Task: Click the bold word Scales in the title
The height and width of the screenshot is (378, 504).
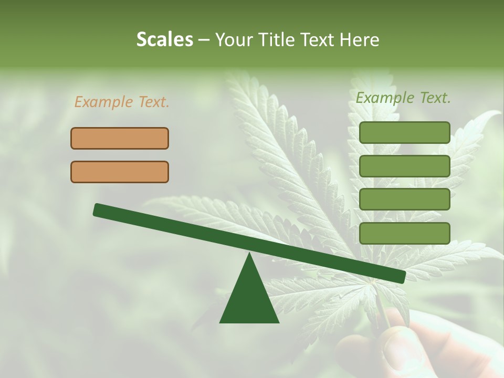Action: click(x=164, y=40)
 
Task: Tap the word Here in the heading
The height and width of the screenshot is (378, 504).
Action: click(x=359, y=40)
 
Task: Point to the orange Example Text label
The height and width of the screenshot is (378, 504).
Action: click(x=122, y=102)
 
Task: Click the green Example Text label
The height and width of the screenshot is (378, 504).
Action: click(x=403, y=98)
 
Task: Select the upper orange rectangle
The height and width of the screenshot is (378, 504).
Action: click(x=120, y=138)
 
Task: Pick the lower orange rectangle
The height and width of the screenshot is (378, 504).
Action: click(x=120, y=172)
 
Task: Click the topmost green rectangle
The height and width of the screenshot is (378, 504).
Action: click(x=404, y=132)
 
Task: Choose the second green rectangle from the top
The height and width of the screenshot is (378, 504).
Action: click(x=404, y=166)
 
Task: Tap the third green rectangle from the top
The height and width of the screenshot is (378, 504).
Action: click(x=404, y=199)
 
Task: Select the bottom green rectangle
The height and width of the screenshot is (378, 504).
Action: click(x=404, y=233)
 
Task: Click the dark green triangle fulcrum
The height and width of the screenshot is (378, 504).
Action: click(x=249, y=299)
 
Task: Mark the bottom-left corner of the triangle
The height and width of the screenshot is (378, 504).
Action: click(x=220, y=322)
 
